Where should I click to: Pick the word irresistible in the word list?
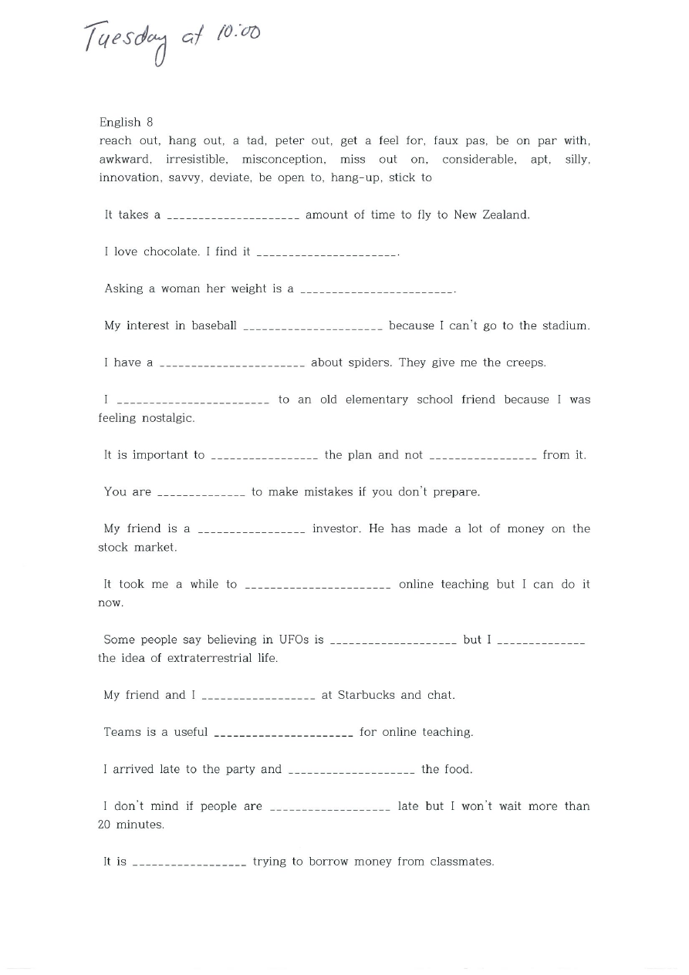197,159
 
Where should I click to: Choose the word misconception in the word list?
283,159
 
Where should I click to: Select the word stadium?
565,326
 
